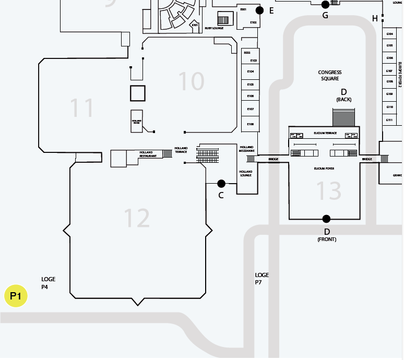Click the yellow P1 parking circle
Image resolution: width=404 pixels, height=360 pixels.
16,296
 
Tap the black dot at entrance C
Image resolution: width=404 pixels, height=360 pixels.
221,184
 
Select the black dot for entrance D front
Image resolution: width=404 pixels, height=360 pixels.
326,219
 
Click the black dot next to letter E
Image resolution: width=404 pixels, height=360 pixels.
259,10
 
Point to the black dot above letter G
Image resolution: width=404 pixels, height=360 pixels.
325,5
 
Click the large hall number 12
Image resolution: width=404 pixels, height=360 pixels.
137,218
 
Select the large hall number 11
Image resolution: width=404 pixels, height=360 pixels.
82,108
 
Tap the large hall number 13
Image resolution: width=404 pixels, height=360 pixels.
329,191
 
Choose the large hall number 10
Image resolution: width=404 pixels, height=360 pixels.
191,81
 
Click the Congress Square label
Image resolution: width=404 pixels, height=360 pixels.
330,76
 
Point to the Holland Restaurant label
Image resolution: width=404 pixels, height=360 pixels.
148,154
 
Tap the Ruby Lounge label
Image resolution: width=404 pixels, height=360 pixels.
214,28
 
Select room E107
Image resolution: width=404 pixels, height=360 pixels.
251,109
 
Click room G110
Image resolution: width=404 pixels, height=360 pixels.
389,106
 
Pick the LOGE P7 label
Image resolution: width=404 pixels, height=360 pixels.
262,279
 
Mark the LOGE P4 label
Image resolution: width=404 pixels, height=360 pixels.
48,283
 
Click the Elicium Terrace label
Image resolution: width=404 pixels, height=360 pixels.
325,134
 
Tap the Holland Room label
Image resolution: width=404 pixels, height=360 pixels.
137,122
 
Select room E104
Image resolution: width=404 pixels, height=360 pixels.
251,71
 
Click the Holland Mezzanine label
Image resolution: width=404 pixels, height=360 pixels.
246,149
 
